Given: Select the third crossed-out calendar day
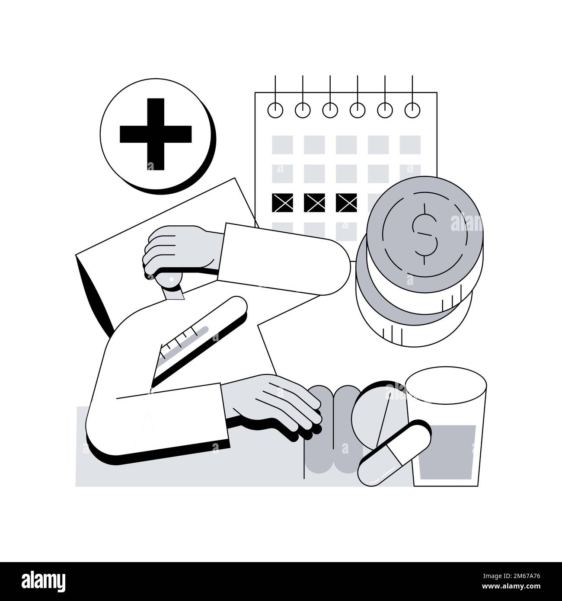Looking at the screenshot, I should pyautogui.click(x=347, y=203).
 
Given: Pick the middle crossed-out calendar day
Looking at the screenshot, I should pyautogui.click(x=314, y=203).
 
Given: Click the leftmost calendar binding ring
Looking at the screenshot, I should pyautogui.click(x=275, y=110).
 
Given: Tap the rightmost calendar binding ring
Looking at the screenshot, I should pyautogui.click(x=412, y=110).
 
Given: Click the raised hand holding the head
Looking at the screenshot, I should pyautogui.click(x=182, y=251).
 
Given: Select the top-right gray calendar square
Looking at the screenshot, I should pyautogui.click(x=410, y=145).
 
